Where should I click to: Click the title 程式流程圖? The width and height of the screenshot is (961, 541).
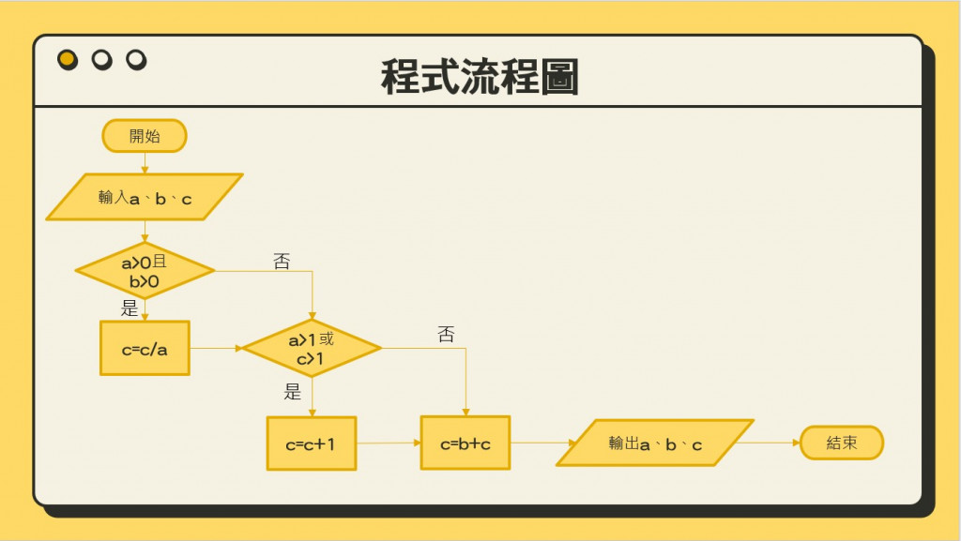click(x=480, y=77)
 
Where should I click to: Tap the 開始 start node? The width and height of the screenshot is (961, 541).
click(x=145, y=136)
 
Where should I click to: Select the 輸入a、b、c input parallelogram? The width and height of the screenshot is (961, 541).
click(x=145, y=197)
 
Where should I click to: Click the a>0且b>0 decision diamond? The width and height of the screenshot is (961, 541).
click(x=145, y=271)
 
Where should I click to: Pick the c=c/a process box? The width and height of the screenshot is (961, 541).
click(x=145, y=349)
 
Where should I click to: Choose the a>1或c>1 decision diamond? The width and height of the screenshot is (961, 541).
click(x=312, y=348)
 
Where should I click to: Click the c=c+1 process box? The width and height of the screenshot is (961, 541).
click(x=312, y=443)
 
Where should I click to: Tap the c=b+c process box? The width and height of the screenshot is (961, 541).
click(x=465, y=443)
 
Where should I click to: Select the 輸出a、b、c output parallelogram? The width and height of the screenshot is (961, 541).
click(x=655, y=443)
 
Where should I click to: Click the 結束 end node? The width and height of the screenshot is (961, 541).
click(x=842, y=443)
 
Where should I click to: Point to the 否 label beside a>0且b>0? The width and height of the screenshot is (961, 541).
click(x=282, y=262)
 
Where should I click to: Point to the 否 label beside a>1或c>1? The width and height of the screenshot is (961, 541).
click(x=446, y=335)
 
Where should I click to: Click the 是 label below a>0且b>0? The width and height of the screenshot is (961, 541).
click(x=130, y=308)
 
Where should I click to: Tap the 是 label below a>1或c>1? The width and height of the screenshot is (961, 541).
click(x=293, y=392)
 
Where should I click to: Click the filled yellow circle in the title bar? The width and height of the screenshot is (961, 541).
click(x=68, y=60)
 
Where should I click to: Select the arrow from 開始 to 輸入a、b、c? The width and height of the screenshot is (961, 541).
click(x=145, y=163)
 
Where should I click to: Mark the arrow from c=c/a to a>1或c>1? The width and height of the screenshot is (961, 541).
click(x=216, y=348)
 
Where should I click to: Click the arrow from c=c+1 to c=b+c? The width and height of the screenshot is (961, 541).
click(x=389, y=443)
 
